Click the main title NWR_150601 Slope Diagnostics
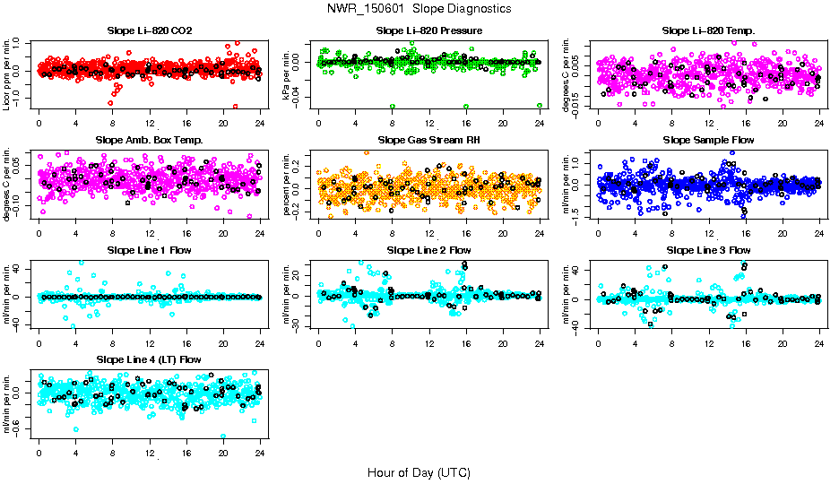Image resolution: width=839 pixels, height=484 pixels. (419, 8)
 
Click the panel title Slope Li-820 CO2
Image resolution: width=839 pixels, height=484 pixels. (149, 30)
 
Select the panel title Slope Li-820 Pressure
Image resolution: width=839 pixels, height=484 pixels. (428, 30)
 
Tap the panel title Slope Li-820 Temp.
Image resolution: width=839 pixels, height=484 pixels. (708, 30)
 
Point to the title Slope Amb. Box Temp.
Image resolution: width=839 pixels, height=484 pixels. (149, 140)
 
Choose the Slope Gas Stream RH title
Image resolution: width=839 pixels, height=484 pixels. (428, 140)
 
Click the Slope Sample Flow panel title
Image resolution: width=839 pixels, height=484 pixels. (708, 140)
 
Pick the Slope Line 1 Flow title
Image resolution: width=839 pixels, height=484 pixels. (149, 249)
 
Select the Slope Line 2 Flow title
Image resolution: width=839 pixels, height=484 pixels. (428, 249)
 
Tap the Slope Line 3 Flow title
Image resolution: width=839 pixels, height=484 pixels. (708, 249)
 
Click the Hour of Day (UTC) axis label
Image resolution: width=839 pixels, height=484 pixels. (419, 471)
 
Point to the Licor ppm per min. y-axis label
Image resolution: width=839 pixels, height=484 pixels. (8, 75)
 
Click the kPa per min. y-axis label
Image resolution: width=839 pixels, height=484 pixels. (288, 75)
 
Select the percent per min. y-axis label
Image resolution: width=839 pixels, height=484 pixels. (288, 185)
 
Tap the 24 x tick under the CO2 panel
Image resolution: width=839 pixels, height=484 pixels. (260, 123)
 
